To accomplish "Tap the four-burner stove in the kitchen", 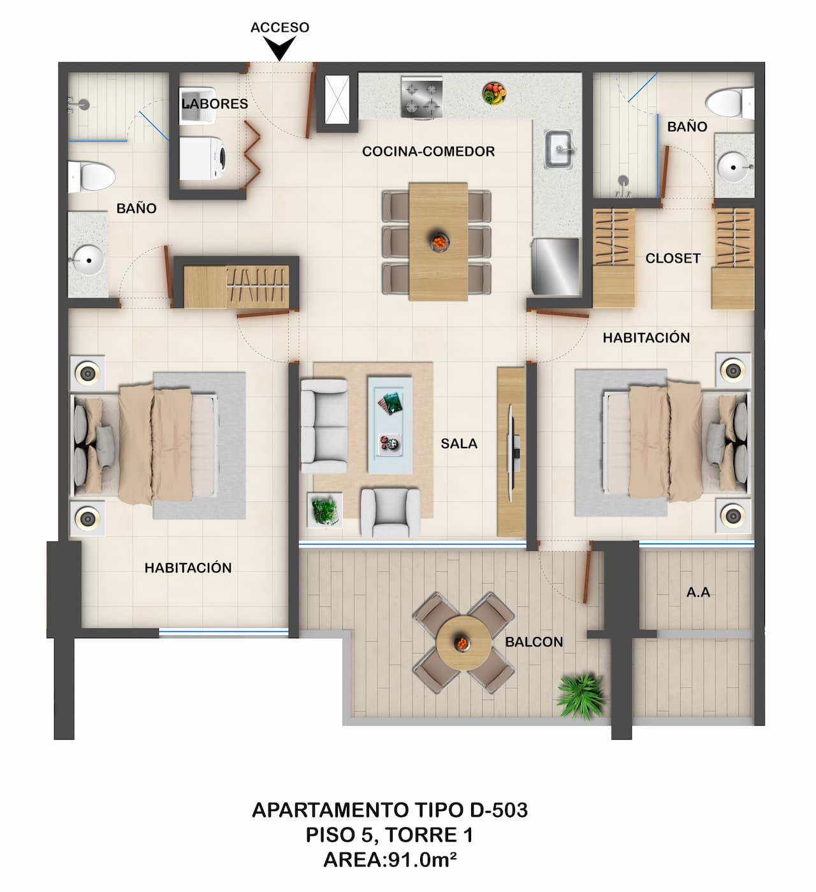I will tap(421, 97).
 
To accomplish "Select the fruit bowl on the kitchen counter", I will tap(494, 93).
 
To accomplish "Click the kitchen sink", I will tap(559, 149).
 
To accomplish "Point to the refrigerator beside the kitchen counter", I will tap(556, 267).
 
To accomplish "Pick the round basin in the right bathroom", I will tap(734, 168).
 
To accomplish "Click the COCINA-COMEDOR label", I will tap(428, 152).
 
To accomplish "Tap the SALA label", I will tap(459, 444).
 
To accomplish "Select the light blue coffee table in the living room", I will tap(390, 424).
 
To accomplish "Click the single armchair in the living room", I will tap(390, 511).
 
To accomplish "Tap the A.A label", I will tap(698, 592).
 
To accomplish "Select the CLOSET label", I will tap(673, 258).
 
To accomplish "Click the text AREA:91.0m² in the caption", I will tap(390, 860).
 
